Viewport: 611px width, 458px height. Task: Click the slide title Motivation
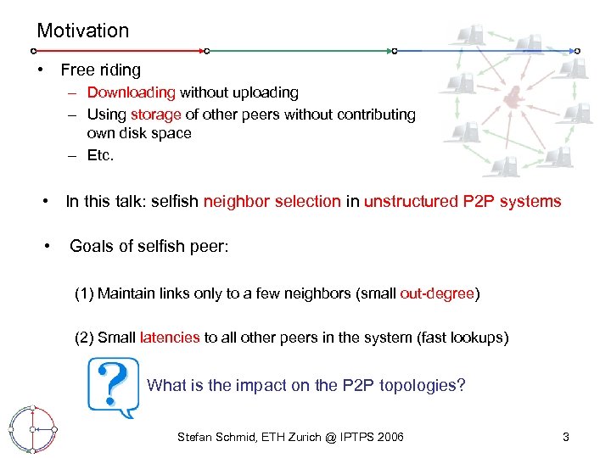[x=83, y=31]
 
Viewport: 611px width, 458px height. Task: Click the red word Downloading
[x=131, y=92]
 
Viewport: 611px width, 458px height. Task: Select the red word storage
[x=156, y=114]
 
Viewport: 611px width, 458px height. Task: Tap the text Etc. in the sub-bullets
[x=100, y=155]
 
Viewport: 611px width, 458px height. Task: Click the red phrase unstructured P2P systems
[x=462, y=202]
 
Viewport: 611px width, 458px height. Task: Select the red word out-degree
[x=437, y=293]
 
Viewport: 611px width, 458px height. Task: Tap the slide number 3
[x=566, y=438]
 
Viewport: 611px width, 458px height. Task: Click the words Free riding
[x=101, y=70]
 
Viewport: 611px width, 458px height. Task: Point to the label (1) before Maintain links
[x=84, y=293]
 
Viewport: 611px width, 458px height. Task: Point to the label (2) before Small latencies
[x=84, y=338]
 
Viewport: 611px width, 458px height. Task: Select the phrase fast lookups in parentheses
[x=463, y=338]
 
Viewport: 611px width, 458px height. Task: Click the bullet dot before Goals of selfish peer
[x=48, y=246]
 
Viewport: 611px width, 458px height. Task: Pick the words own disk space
[x=139, y=134]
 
